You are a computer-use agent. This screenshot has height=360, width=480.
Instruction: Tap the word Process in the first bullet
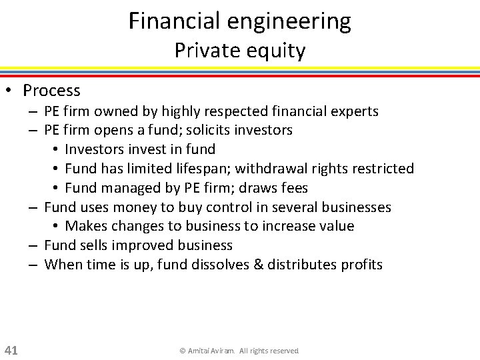pyautogui.click(x=51, y=91)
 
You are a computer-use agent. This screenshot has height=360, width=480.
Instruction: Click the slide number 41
pyautogui.click(x=11, y=350)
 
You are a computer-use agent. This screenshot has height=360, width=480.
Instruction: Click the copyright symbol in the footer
pyautogui.click(x=183, y=351)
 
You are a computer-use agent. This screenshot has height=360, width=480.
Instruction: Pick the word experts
pyautogui.click(x=354, y=111)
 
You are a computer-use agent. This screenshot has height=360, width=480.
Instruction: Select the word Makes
pyautogui.click(x=83, y=226)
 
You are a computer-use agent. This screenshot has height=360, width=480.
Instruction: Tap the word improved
pyautogui.click(x=139, y=245)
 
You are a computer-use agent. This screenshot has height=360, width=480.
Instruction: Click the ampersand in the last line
pyautogui.click(x=258, y=265)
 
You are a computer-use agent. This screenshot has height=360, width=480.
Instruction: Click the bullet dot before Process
pyautogui.click(x=11, y=91)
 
